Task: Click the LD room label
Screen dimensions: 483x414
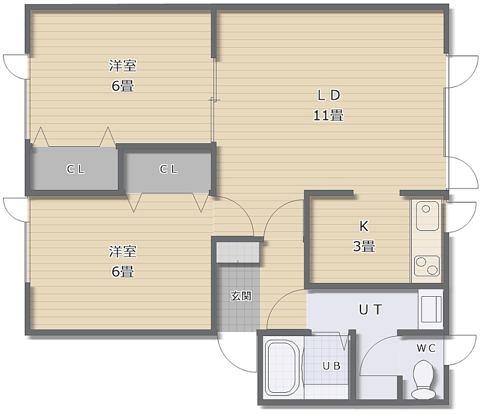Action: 328,95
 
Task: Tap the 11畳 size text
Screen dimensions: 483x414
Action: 328,115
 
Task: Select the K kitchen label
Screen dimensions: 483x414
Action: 364,226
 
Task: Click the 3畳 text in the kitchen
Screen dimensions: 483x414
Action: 364,247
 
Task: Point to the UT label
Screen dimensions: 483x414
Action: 371,309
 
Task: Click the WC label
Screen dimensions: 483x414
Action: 426,348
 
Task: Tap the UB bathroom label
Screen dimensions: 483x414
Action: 331,366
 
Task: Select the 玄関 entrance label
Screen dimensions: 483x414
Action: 241,296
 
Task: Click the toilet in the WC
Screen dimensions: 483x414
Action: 424,380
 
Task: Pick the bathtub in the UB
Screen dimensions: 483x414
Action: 283,367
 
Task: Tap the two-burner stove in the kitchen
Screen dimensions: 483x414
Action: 427,266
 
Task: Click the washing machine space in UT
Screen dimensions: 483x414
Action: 431,309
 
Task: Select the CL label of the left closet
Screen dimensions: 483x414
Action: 75,169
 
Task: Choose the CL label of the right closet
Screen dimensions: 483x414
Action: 168,169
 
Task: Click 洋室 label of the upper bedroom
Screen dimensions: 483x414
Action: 123,66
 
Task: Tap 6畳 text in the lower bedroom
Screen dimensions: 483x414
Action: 123,271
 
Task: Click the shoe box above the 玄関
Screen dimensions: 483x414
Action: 237,252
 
